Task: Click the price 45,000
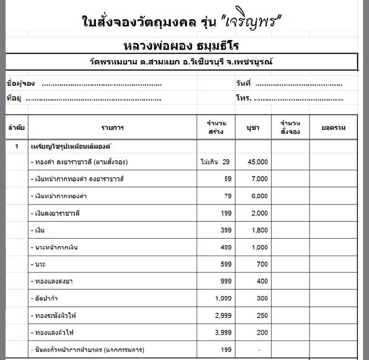pyautogui.click(x=258, y=162)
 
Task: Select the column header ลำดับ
pyautogui.click(x=16, y=128)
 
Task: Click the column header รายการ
pyautogui.click(x=112, y=128)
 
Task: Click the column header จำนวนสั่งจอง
pyautogui.click(x=290, y=128)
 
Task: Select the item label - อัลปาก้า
pyautogui.click(x=47, y=299)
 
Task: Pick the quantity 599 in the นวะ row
pyautogui.click(x=224, y=265)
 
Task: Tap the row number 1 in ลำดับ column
pyautogui.click(x=16, y=145)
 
